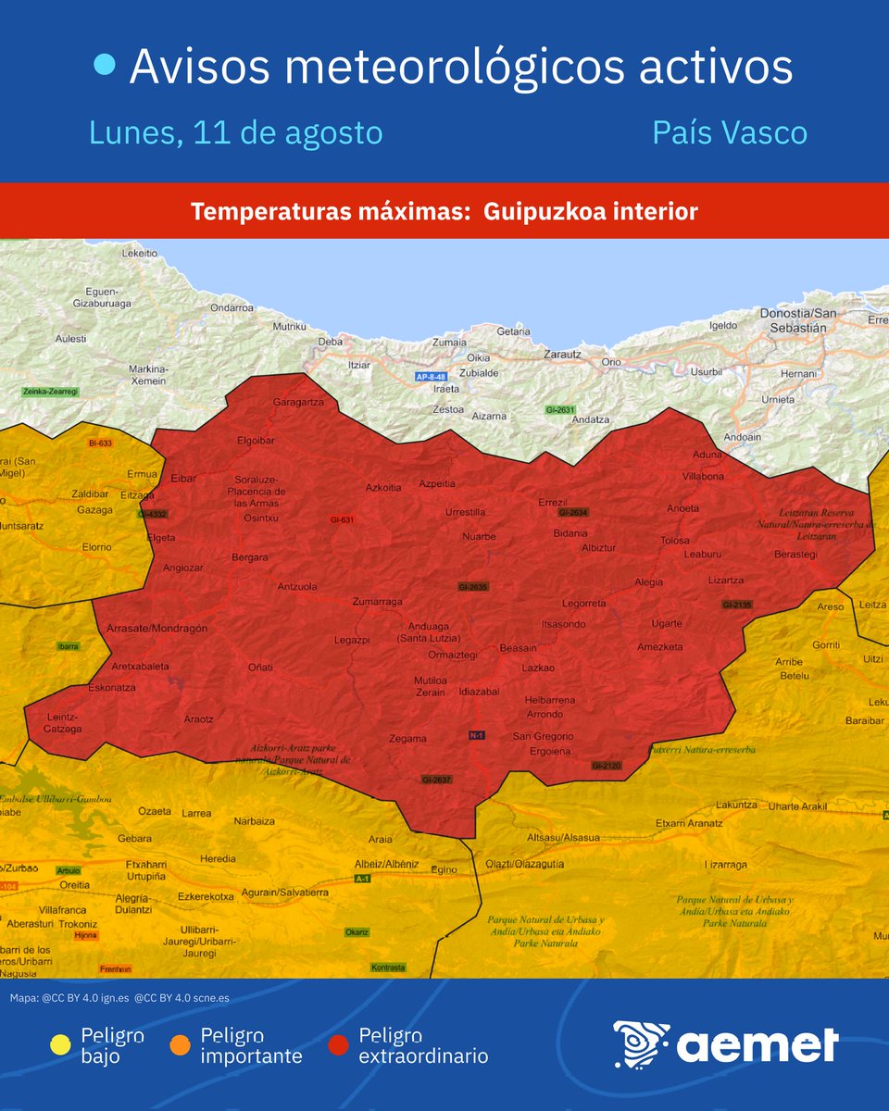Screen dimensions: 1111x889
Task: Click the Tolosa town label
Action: (x=675, y=541)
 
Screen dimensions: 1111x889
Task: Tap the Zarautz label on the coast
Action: (x=561, y=354)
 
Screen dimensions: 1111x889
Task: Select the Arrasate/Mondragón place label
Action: (x=157, y=628)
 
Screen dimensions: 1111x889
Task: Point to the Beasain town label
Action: (x=518, y=648)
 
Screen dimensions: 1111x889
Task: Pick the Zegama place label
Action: (x=407, y=739)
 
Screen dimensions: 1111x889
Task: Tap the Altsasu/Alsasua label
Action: (x=563, y=837)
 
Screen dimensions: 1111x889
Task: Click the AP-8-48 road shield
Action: (x=431, y=377)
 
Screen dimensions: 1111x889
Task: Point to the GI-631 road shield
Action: (x=343, y=519)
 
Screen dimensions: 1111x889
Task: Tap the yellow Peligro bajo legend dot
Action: (x=61, y=1045)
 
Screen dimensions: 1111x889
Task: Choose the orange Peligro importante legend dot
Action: (x=181, y=1045)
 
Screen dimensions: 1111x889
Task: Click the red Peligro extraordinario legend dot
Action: (x=339, y=1045)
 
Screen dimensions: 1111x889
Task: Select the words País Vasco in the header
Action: (x=730, y=132)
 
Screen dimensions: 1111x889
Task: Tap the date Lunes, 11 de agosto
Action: (x=235, y=132)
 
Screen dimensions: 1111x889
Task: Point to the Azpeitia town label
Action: (x=437, y=484)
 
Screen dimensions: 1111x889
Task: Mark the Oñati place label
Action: (x=260, y=667)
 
